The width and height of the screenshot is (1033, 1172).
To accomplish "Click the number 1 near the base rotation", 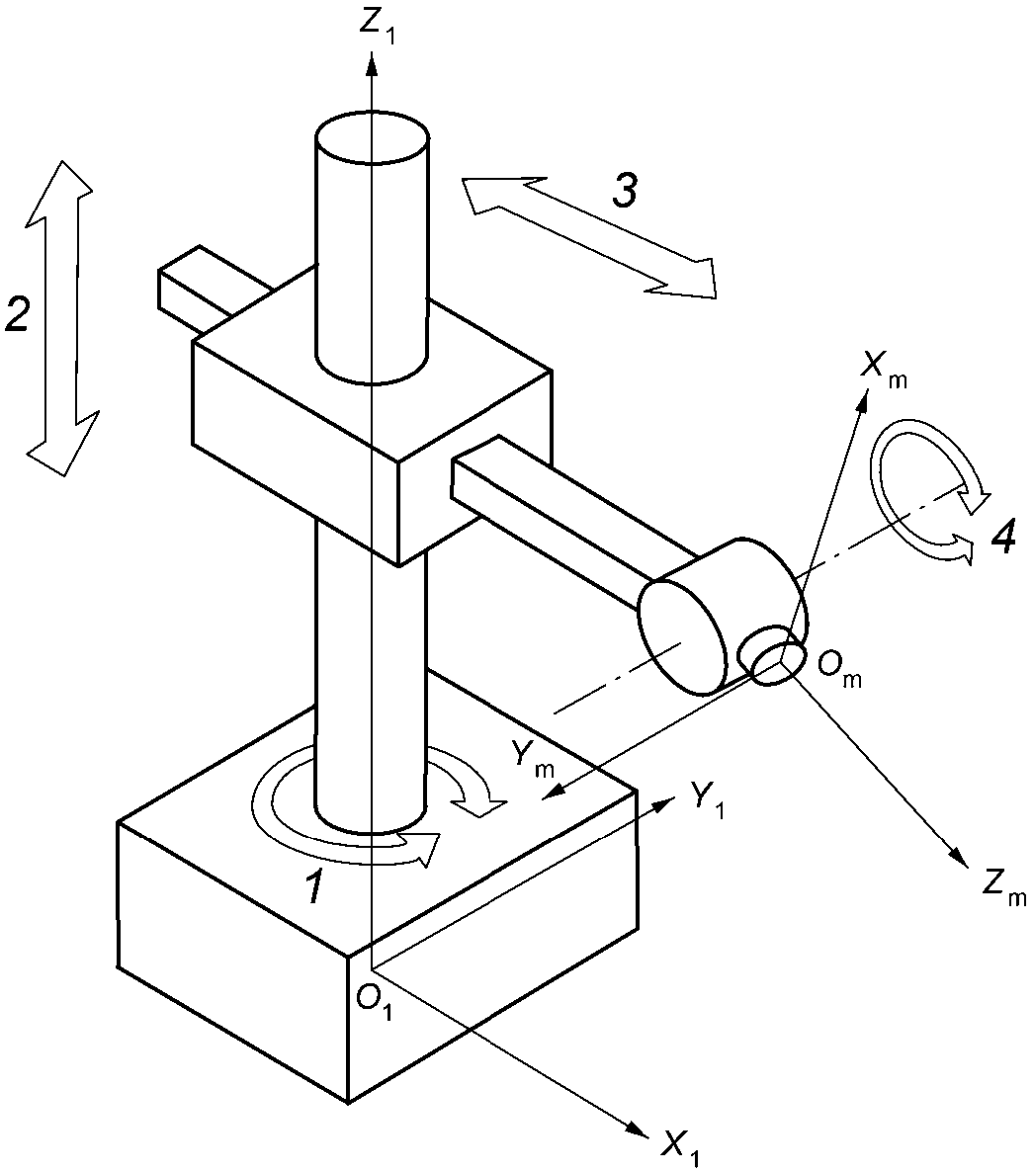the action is coord(314,888).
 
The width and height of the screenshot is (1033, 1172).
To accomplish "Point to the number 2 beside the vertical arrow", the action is coord(17,314).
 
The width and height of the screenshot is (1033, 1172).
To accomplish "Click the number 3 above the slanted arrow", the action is coord(624,191).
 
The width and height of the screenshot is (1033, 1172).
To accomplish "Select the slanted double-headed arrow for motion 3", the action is coord(590,238).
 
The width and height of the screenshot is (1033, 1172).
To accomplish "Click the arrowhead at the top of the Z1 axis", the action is coord(371,63).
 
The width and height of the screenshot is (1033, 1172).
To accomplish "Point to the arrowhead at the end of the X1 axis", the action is coord(636,1126).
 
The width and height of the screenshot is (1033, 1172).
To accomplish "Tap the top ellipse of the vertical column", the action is coord(372,139).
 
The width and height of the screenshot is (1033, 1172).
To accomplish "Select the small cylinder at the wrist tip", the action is coord(770,655).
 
